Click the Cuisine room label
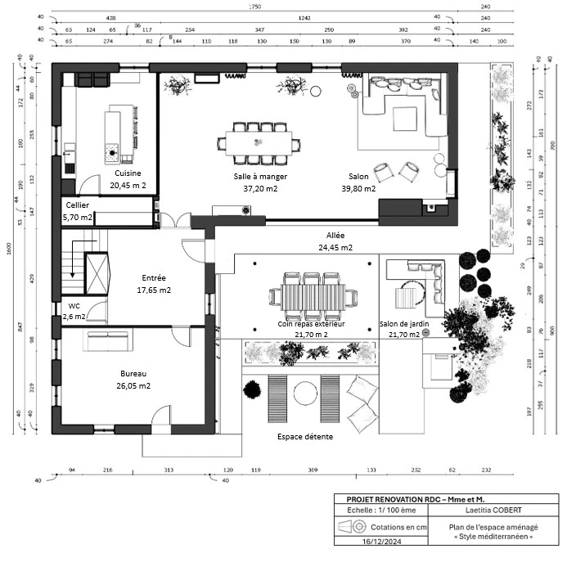tap(127, 173)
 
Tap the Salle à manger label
tap(260, 177)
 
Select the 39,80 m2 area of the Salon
tap(358, 188)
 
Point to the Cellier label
tap(78, 205)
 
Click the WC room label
tap(74, 306)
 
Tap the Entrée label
tap(154, 278)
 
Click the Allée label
tap(335, 236)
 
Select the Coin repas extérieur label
tap(312, 324)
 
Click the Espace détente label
tap(305, 437)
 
